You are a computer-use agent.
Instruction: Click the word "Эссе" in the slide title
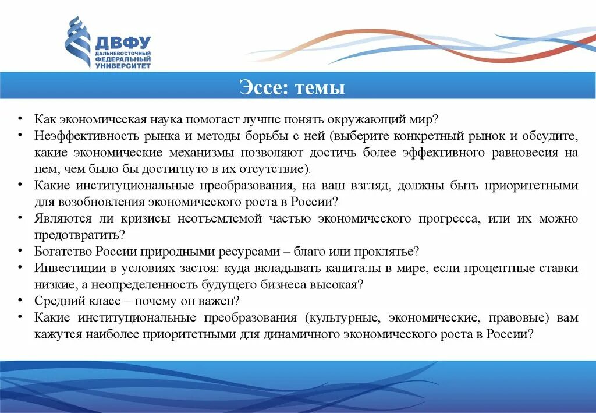point(264,89)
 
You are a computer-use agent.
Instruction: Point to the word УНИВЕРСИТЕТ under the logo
point(123,66)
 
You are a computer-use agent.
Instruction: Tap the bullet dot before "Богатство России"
point(20,250)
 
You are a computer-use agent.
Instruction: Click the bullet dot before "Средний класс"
point(20,300)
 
